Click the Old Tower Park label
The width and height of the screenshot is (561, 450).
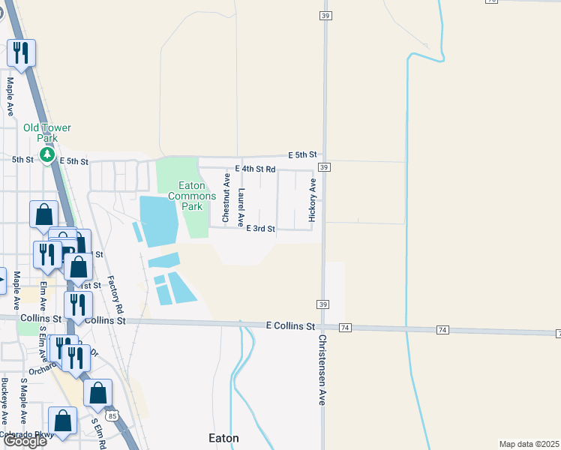click(x=46, y=133)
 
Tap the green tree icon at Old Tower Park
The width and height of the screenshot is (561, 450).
click(x=47, y=155)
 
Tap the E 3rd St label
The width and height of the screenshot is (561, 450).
click(x=261, y=229)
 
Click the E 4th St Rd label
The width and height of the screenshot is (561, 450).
click(x=256, y=169)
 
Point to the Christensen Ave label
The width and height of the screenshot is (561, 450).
click(x=322, y=369)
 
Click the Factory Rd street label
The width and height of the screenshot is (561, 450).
click(x=115, y=294)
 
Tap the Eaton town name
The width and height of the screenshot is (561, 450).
click(x=223, y=437)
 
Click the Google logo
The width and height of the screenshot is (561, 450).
click(x=25, y=441)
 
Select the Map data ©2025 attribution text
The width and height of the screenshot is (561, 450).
click(x=529, y=444)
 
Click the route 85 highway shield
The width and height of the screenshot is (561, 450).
click(x=113, y=415)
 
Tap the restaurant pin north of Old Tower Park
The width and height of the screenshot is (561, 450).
click(x=21, y=52)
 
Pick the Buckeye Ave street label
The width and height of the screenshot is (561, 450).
click(x=4, y=401)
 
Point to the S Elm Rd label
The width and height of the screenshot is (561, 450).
click(x=98, y=434)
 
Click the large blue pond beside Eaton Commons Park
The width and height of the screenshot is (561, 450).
click(x=158, y=220)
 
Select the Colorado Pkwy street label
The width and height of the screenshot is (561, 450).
click(x=27, y=434)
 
